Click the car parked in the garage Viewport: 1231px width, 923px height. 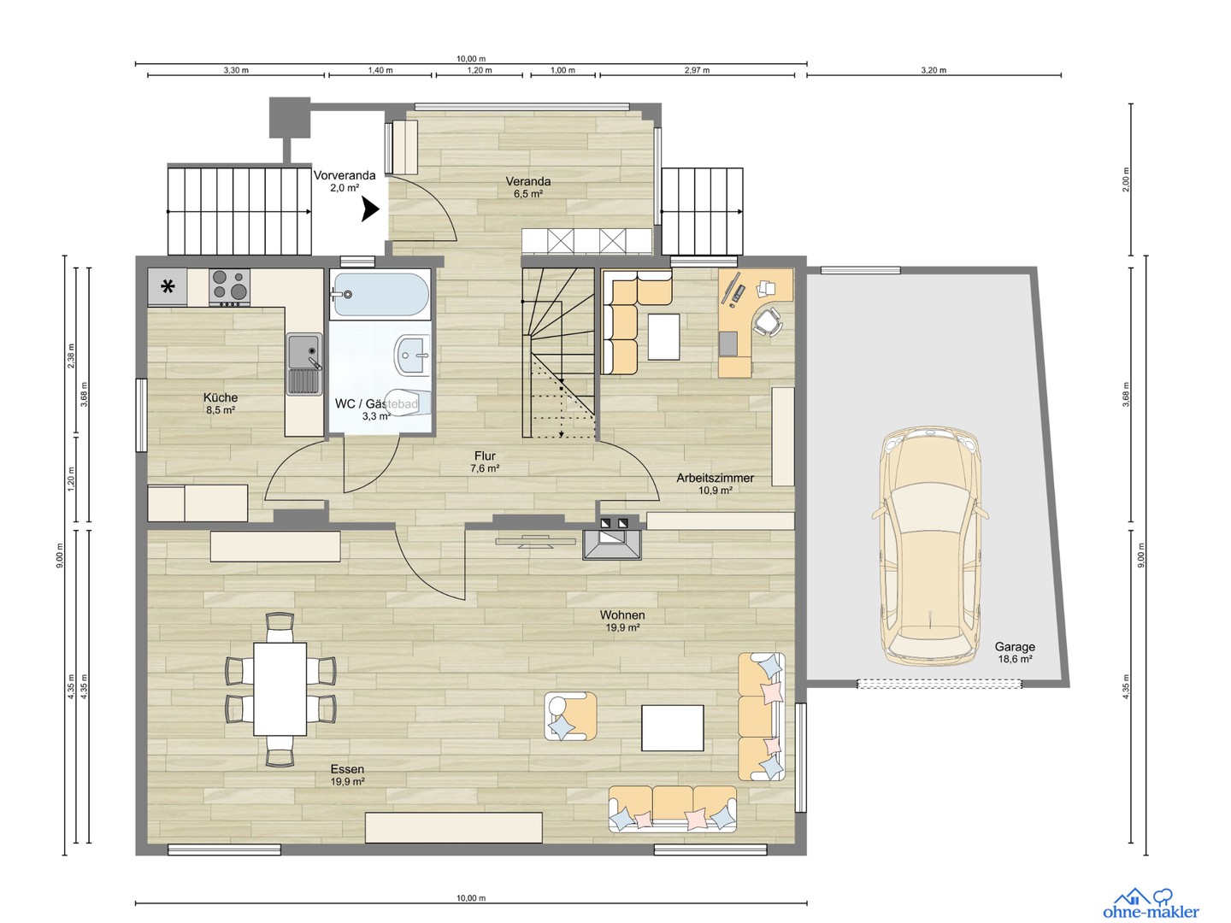pyautogui.click(x=929, y=547)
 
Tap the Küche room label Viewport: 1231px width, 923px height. pyautogui.click(x=221, y=398)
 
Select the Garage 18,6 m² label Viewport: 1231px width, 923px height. pyautogui.click(x=1015, y=653)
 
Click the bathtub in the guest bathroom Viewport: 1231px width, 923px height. pyautogui.click(x=380, y=295)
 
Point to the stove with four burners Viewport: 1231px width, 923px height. pyautogui.click(x=229, y=287)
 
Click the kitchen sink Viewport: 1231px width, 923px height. pyautogui.click(x=303, y=363)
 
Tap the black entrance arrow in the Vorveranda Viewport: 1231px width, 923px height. pyautogui.click(x=370, y=209)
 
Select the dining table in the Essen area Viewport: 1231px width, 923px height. pyautogui.click(x=280, y=689)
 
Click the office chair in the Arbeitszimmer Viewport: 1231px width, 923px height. pyautogui.click(x=767, y=322)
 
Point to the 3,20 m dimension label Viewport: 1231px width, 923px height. pyautogui.click(x=934, y=70)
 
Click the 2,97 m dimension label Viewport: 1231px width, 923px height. pyautogui.click(x=697, y=70)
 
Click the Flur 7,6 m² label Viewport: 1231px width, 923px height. pyautogui.click(x=485, y=461)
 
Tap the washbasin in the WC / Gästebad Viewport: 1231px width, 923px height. pyautogui.click(x=414, y=355)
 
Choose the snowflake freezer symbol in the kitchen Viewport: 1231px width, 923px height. pyautogui.click(x=168, y=287)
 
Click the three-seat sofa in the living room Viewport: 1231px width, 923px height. pyautogui.click(x=673, y=808)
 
